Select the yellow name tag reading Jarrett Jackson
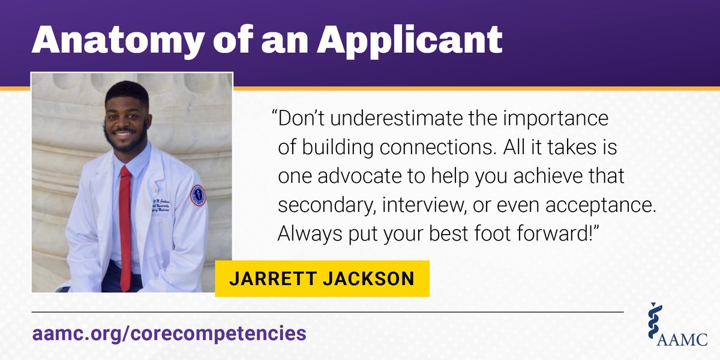click(322, 278)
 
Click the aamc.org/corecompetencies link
click(169, 333)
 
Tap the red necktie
click(125, 228)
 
